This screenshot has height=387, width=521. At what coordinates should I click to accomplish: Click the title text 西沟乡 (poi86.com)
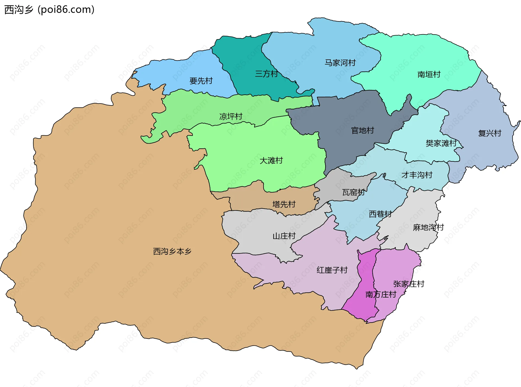pos(49,10)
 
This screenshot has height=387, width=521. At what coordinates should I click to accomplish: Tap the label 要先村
pos(201,81)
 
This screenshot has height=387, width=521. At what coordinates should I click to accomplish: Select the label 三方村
pos(266,74)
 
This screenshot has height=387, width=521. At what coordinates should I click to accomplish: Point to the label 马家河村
pos(340,63)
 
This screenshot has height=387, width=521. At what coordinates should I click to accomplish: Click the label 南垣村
pos(429,74)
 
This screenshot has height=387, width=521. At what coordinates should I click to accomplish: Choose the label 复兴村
pos(490,133)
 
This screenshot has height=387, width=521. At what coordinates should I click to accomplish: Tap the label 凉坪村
pos(231,117)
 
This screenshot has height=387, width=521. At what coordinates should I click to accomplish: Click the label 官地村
pos(363,130)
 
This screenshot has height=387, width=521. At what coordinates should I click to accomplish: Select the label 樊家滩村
pos(441,143)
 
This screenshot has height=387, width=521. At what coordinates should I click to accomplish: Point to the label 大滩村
pos(271,161)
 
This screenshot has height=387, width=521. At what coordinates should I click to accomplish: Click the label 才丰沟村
pos(417,175)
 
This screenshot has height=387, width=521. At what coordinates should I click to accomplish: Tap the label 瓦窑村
pos(353,193)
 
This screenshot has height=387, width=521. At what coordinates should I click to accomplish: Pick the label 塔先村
pos(284,204)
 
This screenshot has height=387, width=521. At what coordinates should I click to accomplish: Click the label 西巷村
pos(380,214)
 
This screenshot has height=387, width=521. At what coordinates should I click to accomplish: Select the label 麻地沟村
pos(428,228)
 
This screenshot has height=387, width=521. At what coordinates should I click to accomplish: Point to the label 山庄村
pos(284,236)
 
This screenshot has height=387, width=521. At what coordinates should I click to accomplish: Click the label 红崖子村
pos(332,270)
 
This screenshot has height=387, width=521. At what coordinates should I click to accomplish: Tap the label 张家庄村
pos(409,284)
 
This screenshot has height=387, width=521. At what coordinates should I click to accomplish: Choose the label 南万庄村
pos(381,295)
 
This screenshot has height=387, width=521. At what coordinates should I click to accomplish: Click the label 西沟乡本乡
pos(172,251)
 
